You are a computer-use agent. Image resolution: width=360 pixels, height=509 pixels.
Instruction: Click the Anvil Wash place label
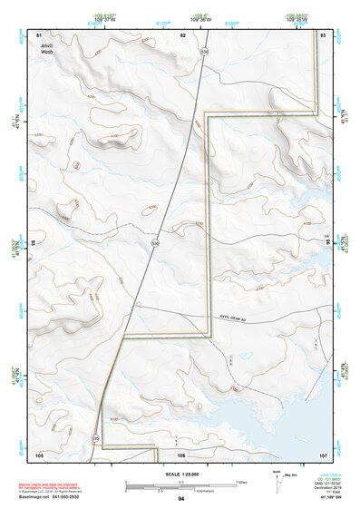click(47, 47)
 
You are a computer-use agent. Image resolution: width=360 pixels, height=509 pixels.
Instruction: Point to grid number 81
click(39, 34)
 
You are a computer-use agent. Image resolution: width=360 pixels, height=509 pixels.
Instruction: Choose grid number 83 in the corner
click(323, 34)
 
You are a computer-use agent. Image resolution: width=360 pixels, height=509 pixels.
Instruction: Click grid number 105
click(39, 454)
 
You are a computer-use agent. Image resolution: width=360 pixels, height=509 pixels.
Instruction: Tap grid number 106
click(180, 454)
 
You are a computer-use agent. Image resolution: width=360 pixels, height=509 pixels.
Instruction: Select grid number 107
click(322, 454)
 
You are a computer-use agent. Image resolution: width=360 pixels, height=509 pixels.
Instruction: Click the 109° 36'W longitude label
click(201, 17)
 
